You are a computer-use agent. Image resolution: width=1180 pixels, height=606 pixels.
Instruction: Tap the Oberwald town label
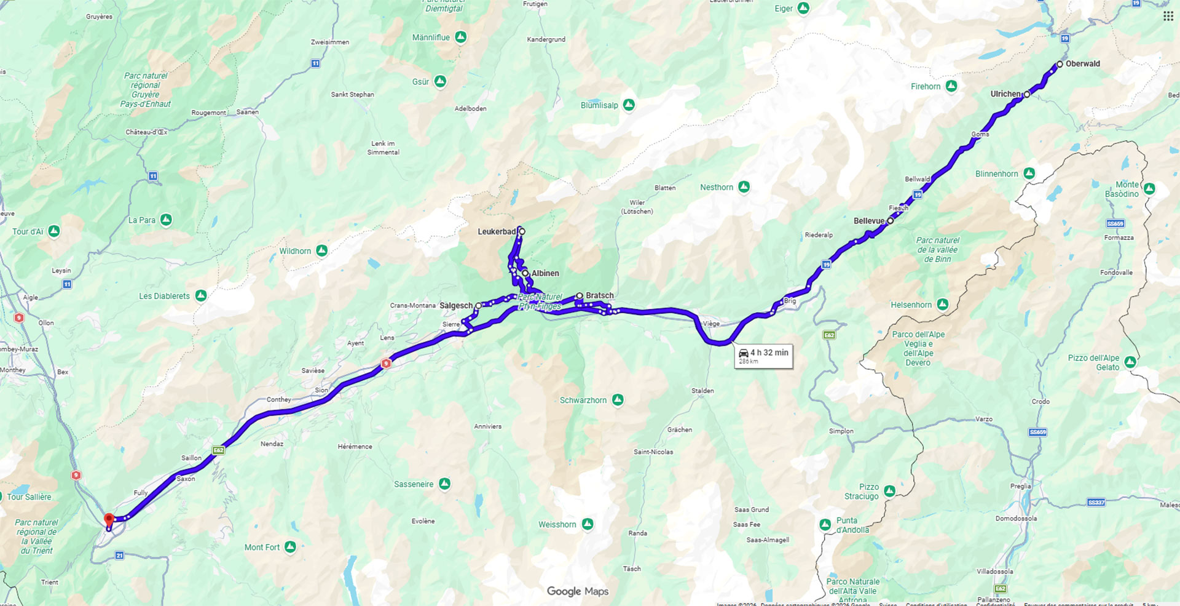(x=1082, y=64)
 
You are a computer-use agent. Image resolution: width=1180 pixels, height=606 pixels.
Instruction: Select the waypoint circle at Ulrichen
(x=1027, y=94)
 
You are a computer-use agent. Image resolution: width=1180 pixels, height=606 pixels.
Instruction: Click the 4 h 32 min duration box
(x=763, y=356)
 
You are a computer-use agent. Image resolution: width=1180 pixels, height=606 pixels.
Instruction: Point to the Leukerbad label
(x=497, y=232)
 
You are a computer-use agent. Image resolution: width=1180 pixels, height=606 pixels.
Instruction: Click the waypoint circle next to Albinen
(x=525, y=273)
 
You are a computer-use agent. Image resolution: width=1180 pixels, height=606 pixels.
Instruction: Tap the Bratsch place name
(x=599, y=296)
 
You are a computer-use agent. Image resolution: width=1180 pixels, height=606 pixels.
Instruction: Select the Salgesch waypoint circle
(x=478, y=306)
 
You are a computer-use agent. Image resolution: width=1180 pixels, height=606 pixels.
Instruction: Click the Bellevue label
(x=868, y=221)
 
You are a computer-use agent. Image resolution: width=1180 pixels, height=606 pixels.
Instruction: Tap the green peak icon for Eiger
(x=803, y=9)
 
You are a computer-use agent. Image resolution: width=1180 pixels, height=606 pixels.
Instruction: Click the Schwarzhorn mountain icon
(x=618, y=400)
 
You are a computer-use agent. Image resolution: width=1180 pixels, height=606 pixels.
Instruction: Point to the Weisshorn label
(x=557, y=525)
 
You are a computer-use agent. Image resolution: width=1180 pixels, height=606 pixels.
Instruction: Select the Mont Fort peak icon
(x=290, y=546)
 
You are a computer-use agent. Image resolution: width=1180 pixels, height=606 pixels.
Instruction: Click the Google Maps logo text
(x=578, y=591)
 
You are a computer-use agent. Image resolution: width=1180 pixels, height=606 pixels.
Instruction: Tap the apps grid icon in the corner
(x=1168, y=17)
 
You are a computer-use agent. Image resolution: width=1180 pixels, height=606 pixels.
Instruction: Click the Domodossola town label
(x=1016, y=519)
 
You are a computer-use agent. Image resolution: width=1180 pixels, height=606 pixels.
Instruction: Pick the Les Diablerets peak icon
(x=200, y=296)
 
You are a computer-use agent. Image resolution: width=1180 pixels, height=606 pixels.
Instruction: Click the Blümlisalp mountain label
(x=599, y=105)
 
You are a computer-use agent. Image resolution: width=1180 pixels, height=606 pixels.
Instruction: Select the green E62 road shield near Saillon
(x=218, y=450)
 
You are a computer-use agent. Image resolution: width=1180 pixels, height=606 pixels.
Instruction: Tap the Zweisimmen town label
(x=330, y=42)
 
